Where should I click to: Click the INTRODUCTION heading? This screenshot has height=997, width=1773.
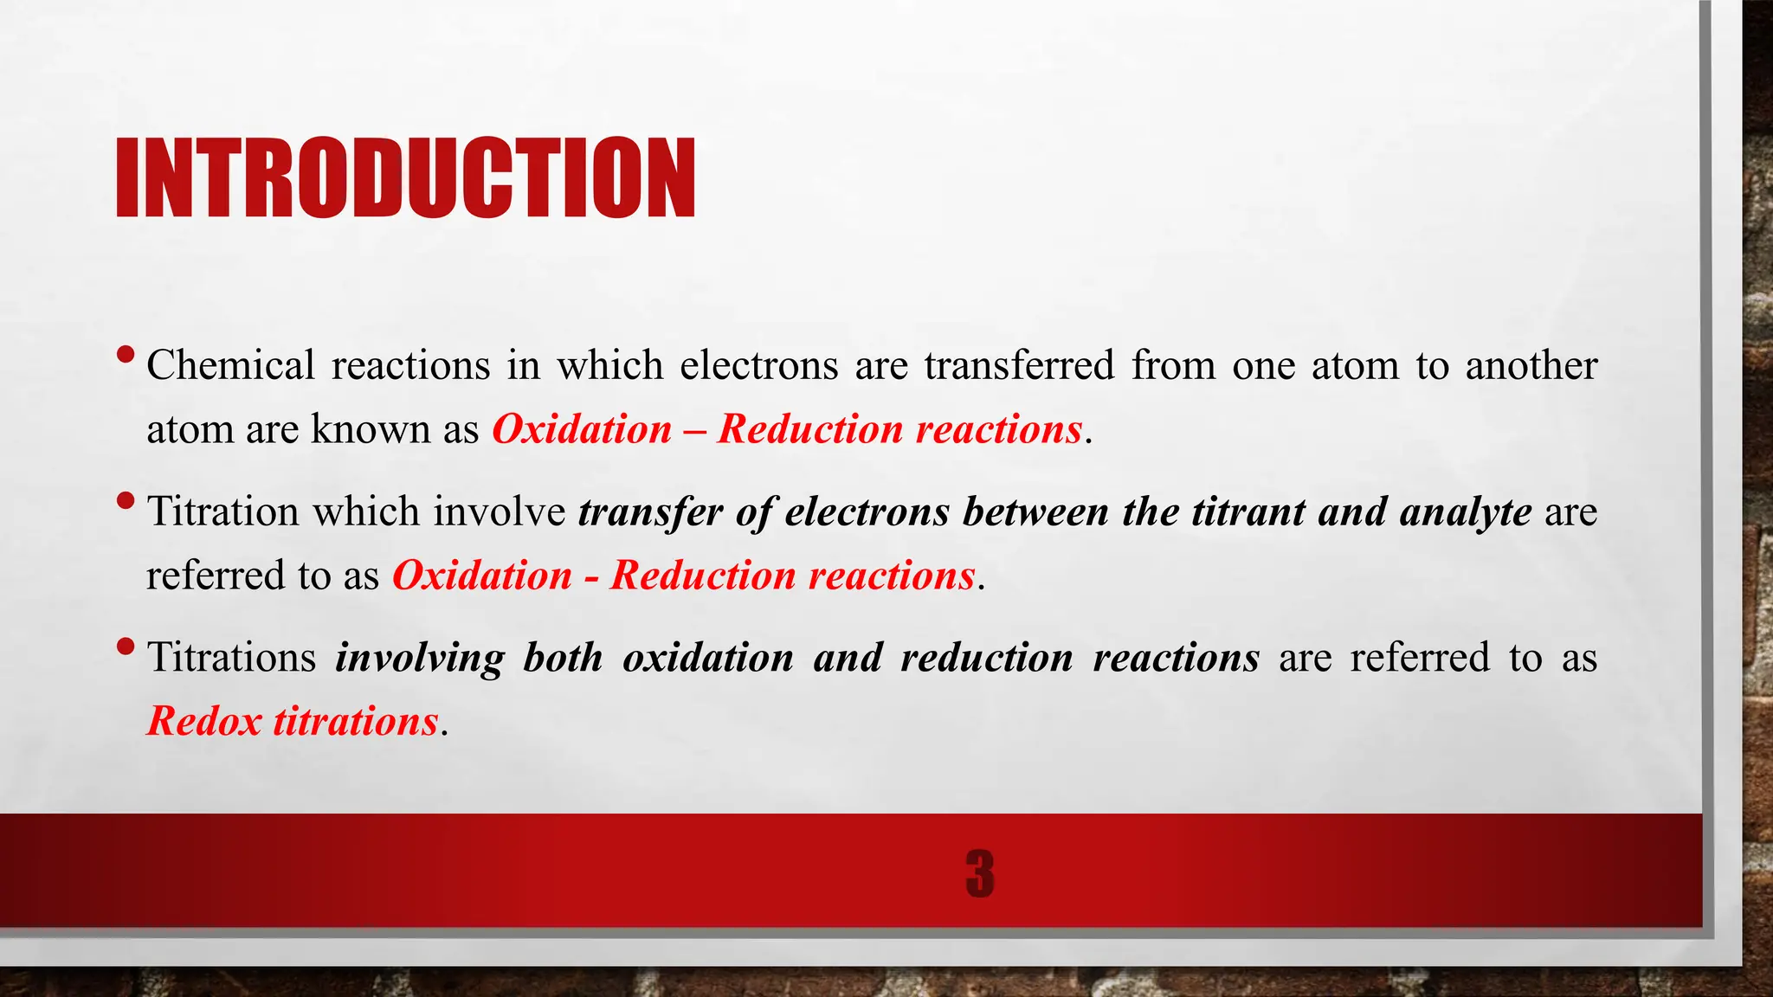coord(405,177)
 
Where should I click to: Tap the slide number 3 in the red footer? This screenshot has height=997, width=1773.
coord(979,873)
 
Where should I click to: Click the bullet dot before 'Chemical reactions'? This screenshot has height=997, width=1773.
coord(126,354)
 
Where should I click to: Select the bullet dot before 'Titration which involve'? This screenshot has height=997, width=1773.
coord(126,500)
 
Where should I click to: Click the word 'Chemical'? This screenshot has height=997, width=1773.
coord(230,365)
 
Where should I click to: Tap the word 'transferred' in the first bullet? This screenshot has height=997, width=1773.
coord(1019,365)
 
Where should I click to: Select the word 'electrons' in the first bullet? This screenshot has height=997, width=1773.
coord(758,365)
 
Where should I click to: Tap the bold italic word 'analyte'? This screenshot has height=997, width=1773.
coord(1466,511)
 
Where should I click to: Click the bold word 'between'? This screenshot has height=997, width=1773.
coord(1035,511)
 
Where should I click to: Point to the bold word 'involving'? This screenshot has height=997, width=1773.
coord(420,658)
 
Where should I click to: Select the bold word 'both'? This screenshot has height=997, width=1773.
coord(563,658)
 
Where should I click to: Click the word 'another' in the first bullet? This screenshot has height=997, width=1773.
coord(1531,365)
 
